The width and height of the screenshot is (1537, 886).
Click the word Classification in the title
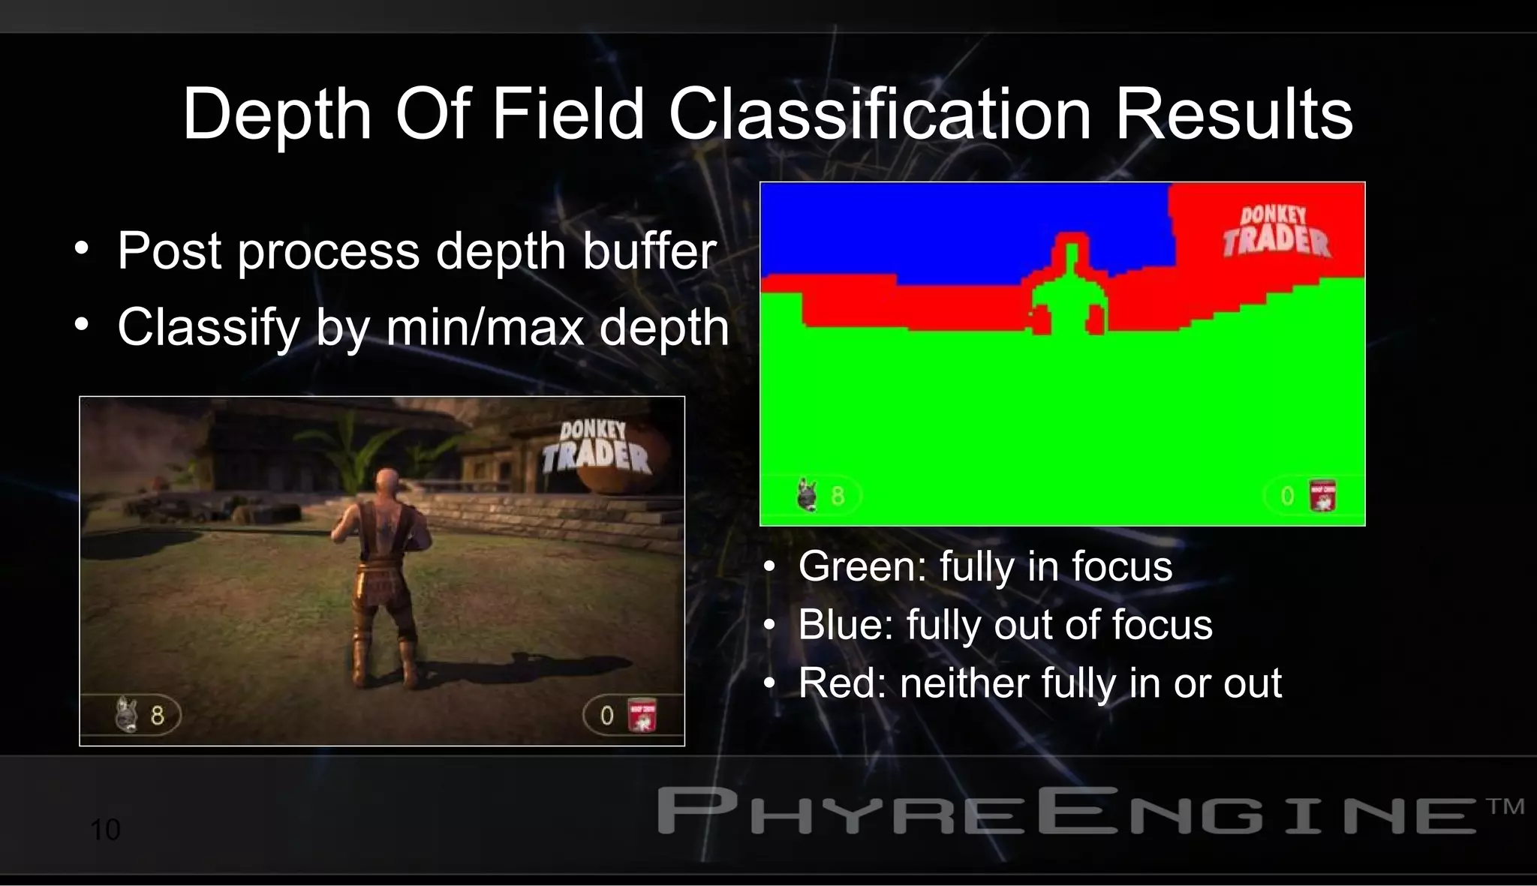[880, 114]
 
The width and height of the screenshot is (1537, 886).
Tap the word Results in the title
[1234, 114]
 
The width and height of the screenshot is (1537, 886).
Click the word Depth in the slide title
[277, 114]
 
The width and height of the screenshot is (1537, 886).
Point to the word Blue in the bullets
[846, 625]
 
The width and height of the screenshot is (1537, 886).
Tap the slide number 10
[105, 830]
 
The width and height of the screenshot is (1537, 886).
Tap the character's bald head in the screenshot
[386, 480]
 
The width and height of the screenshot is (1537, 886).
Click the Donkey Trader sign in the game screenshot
[596, 448]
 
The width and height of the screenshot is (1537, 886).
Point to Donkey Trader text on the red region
[1275, 231]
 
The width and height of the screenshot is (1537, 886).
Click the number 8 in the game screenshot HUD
[157, 715]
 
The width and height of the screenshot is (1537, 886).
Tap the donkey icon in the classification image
[808, 495]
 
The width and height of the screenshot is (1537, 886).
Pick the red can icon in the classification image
[1322, 496]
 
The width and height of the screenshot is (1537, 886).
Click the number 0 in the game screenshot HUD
[606, 715]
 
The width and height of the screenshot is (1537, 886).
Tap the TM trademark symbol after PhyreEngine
[1505, 806]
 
